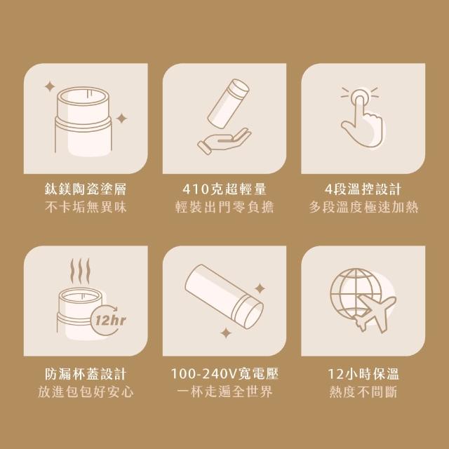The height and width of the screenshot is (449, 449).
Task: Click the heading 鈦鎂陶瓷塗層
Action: pyautogui.click(x=86, y=189)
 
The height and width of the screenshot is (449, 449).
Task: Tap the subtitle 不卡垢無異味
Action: pyautogui.click(x=86, y=207)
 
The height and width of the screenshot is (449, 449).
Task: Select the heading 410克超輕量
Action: pyautogui.click(x=224, y=189)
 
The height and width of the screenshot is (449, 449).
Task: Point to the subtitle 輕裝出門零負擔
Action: pyautogui.click(x=224, y=207)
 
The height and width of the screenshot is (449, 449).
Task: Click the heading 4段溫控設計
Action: pyautogui.click(x=363, y=189)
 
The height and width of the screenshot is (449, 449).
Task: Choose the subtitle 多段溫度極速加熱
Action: pyautogui.click(x=363, y=207)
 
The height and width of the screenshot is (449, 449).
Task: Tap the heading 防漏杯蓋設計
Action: pyautogui.click(x=86, y=374)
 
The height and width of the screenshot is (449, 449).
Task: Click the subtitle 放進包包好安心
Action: pyautogui.click(x=86, y=391)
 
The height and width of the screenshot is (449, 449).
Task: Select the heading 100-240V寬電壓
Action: pyautogui.click(x=224, y=374)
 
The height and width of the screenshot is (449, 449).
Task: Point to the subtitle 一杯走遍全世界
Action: pyautogui.click(x=224, y=391)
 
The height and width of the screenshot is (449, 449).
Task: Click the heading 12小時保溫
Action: pyautogui.click(x=363, y=374)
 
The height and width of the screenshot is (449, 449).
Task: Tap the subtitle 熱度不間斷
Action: pyautogui.click(x=363, y=391)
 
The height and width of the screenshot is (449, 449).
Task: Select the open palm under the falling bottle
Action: pyautogui.click(x=224, y=140)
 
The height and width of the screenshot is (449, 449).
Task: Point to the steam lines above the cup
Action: pyautogui.click(x=80, y=272)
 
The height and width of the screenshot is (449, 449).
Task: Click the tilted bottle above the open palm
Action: pyautogui.click(x=228, y=103)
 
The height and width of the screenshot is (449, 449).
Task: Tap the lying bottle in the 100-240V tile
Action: pyautogui.click(x=224, y=296)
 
